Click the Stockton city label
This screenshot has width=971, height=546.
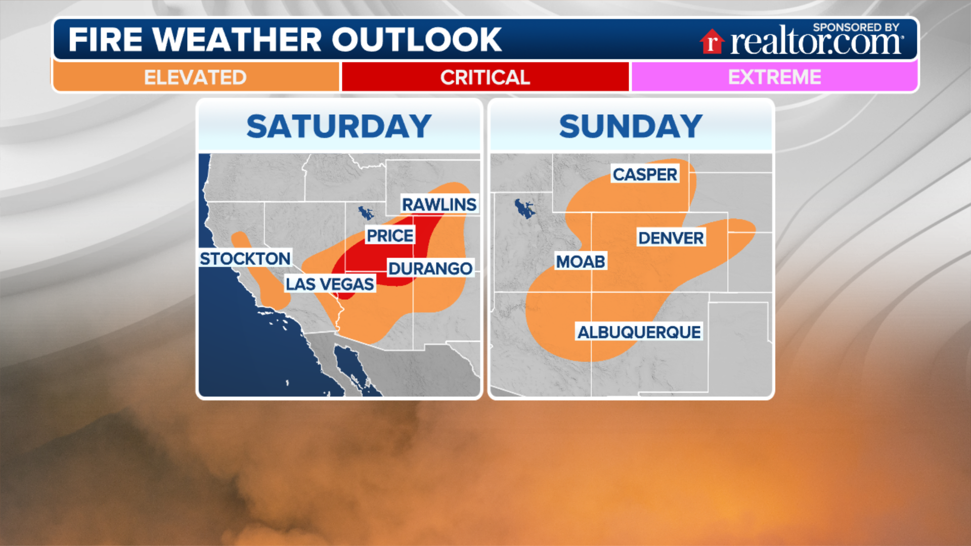coord(245,259)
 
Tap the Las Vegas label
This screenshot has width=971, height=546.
coord(330,284)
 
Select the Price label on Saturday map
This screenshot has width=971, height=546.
coord(390,236)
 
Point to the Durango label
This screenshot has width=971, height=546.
coord(430,268)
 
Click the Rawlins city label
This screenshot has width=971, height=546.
coord(439,205)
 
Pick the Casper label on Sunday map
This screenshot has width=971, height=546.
coord(645,174)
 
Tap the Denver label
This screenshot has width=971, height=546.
coord(671,238)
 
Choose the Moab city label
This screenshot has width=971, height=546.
coord(581,262)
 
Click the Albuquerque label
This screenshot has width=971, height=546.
coord(639,332)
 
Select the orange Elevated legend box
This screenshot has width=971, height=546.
coord(196,77)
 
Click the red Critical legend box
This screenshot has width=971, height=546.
coord(485,77)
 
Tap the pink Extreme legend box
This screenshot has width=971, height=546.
coord(774,77)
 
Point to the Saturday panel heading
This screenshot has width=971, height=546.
coord(339,126)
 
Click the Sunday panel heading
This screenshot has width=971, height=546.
coord(631,126)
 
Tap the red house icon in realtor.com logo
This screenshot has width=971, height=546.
coord(712,41)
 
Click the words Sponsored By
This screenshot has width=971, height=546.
coord(856,27)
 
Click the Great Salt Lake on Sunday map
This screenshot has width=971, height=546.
coord(524,208)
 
